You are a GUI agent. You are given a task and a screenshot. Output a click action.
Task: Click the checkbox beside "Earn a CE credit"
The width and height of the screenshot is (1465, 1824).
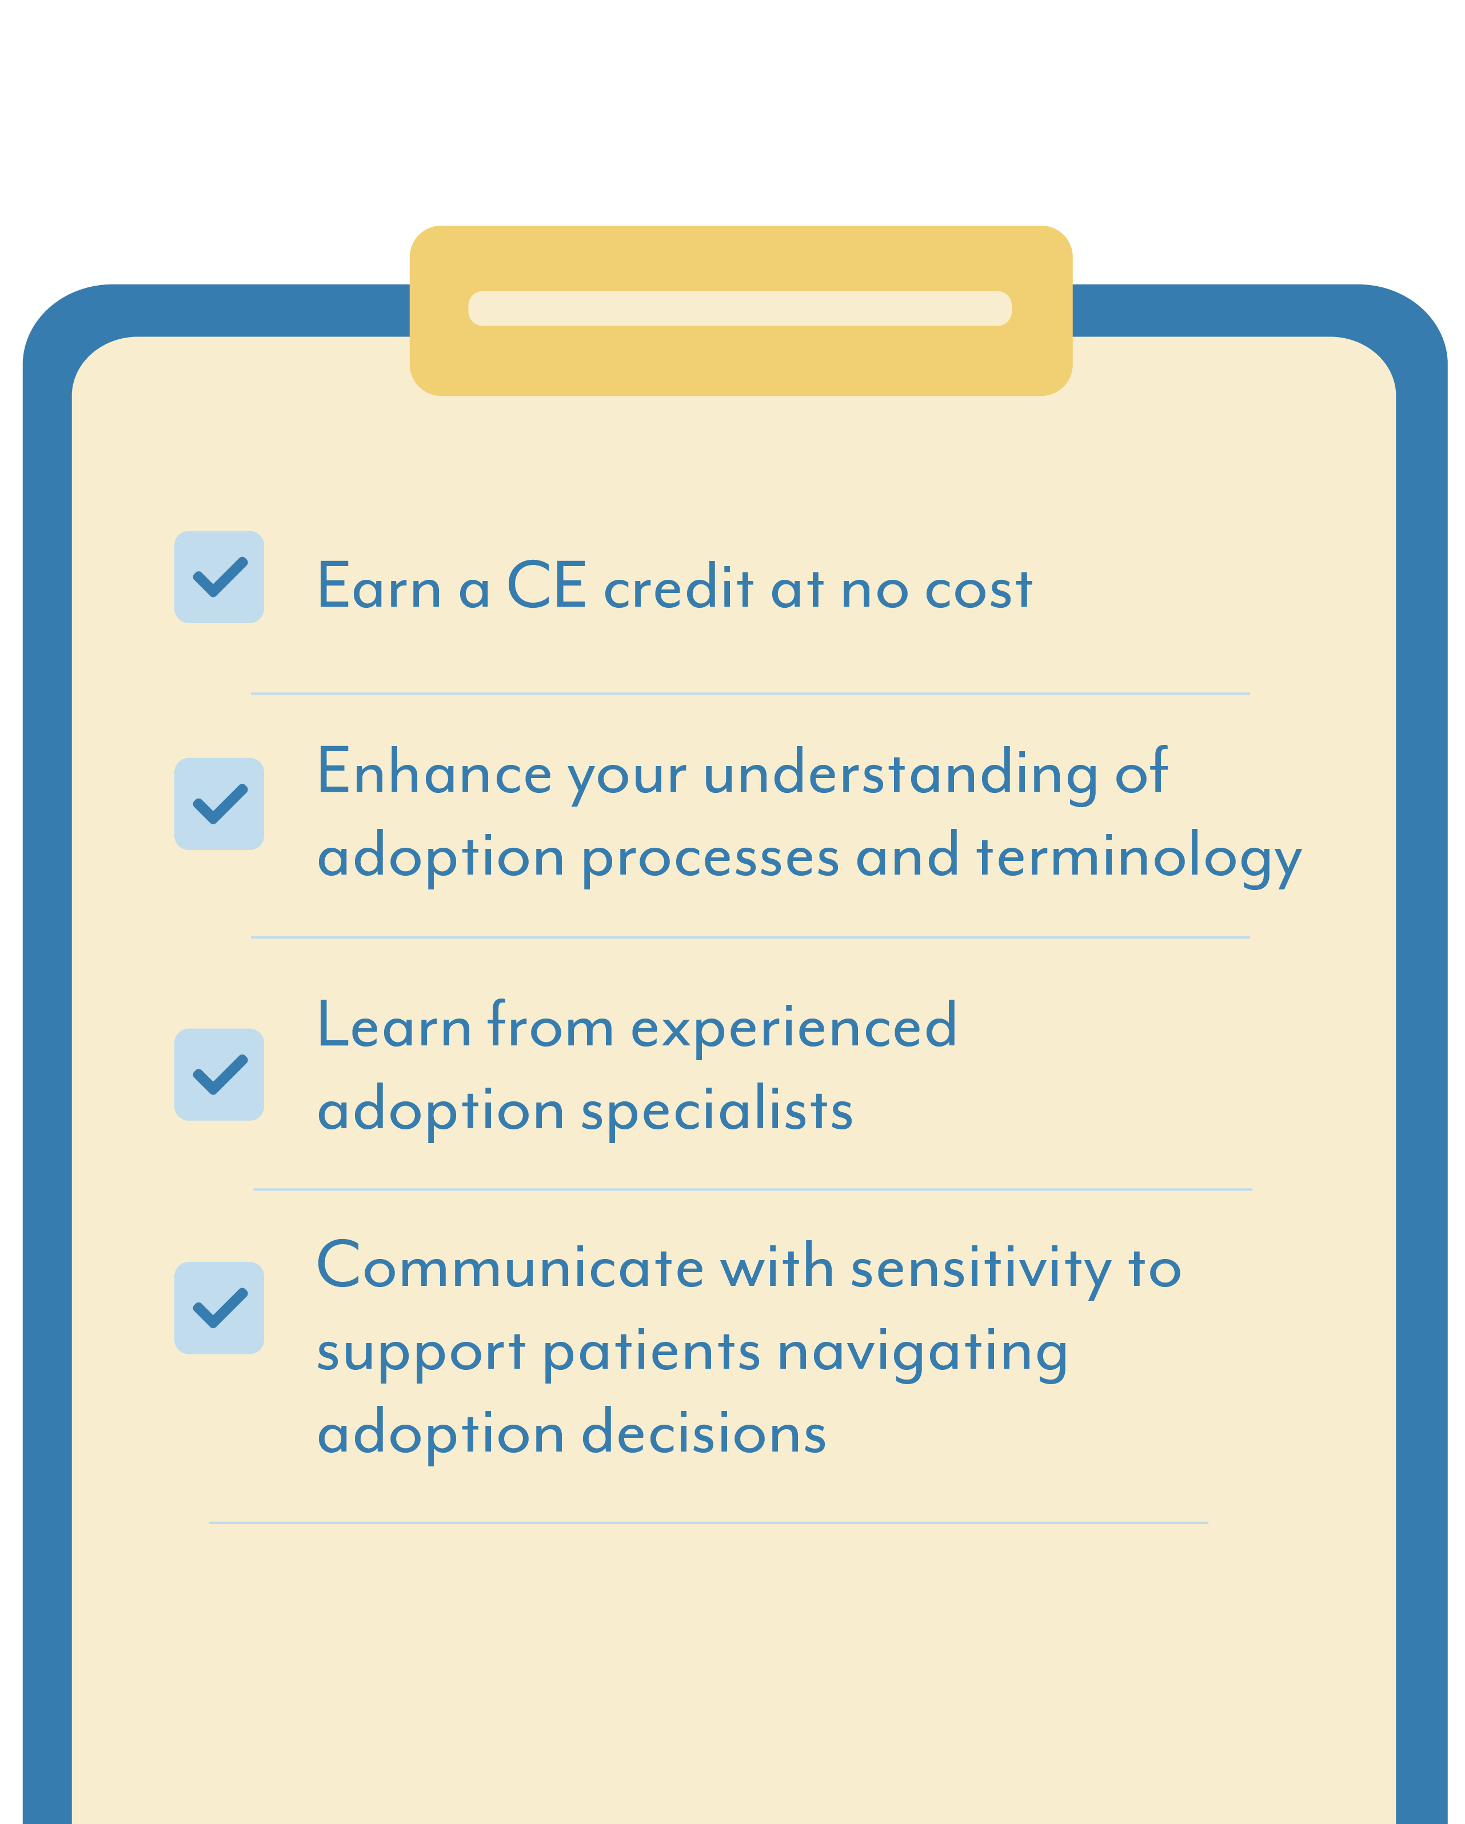pos(219,577)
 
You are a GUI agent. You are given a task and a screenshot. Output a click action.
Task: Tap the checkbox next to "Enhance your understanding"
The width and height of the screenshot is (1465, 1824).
pos(219,804)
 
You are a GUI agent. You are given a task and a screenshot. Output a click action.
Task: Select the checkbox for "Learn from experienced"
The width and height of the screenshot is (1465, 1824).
pos(219,1075)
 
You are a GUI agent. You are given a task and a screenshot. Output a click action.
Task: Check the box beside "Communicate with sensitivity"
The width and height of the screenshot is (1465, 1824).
pos(219,1308)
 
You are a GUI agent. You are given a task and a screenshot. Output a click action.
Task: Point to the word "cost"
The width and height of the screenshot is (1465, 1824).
pos(979,589)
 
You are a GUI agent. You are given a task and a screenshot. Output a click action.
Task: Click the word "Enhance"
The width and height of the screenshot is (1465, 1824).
pos(434,772)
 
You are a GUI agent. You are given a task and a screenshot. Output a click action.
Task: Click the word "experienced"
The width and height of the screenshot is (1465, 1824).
pos(794,1028)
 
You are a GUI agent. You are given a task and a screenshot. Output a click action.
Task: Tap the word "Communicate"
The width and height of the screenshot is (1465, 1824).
pos(510,1266)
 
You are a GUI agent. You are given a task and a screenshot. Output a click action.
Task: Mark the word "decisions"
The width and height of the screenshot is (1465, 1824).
pos(704,1433)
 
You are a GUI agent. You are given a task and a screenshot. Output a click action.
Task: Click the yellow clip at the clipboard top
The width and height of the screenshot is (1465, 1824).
pos(741,311)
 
